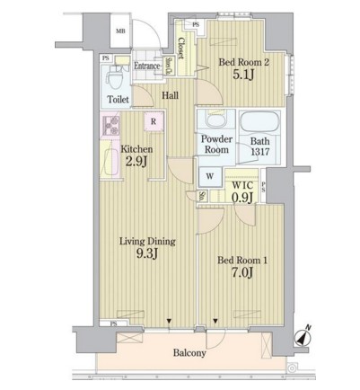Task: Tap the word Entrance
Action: coord(147,66)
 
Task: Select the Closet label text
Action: coord(181,46)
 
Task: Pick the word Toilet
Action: coord(118,101)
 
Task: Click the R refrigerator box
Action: coord(154,121)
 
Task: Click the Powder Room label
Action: coord(216,145)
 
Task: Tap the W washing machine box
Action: coord(209,176)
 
